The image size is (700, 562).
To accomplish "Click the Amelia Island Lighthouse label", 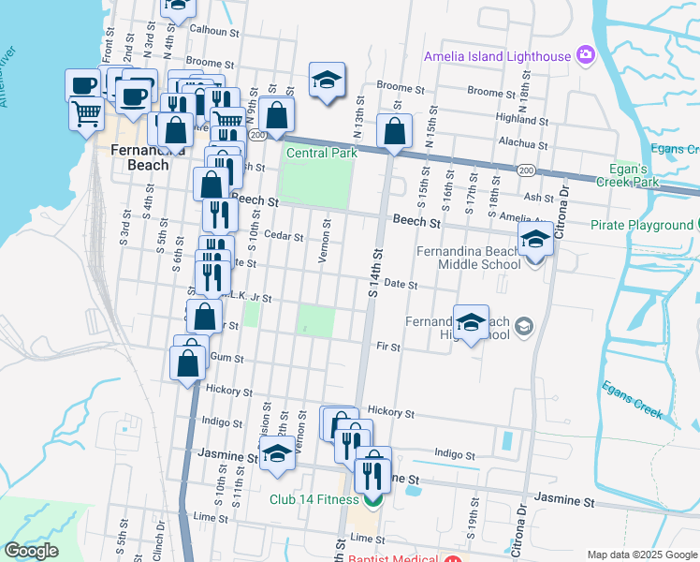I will click(x=496, y=56).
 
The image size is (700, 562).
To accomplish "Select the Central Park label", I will click(x=322, y=153).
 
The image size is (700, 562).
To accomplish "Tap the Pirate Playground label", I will click(x=641, y=226).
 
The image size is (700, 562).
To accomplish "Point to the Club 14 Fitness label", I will click(x=314, y=499).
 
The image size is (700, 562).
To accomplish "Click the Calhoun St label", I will click(x=215, y=30).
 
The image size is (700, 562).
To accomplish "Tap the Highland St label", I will click(x=522, y=119).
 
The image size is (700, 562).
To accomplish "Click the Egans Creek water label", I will click(x=633, y=399).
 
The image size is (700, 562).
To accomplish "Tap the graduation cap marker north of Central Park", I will click(x=328, y=80).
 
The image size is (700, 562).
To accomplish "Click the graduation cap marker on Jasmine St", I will click(x=277, y=454).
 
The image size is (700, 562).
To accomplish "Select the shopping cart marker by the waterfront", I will click(x=86, y=112).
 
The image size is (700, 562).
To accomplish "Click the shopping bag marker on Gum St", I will click(x=188, y=363).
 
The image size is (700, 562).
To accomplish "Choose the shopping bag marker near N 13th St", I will click(x=395, y=131).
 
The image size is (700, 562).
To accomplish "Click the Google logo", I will click(x=32, y=551).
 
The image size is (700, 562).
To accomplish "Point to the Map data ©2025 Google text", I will click(x=641, y=555).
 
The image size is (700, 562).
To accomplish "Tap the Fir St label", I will click(x=388, y=348).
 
